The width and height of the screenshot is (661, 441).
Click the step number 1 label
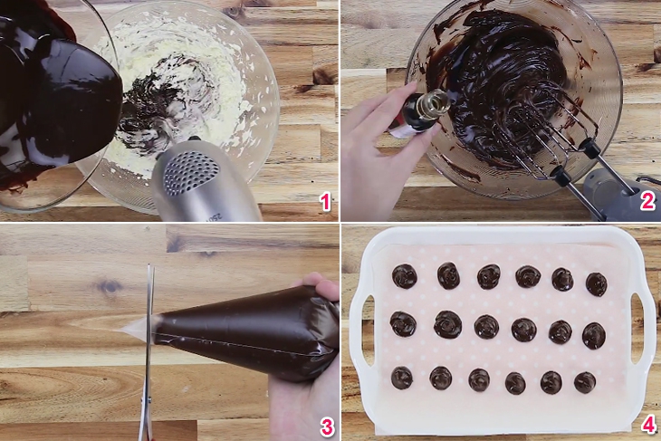tap(325, 202)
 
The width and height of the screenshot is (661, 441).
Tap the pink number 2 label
tap(648, 202)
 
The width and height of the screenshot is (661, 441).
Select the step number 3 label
tap(327, 427)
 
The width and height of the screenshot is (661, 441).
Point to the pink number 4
tap(648, 424)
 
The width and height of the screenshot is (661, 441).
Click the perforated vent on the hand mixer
tap(186, 173)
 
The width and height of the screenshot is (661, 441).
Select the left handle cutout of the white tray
tap(368, 330)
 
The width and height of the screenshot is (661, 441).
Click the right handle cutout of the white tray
tap(637, 327)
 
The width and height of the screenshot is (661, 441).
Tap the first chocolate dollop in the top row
tap(405, 276)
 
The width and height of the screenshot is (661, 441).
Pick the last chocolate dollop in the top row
tap(597, 284)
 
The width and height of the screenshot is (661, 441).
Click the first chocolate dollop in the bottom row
tap(402, 378)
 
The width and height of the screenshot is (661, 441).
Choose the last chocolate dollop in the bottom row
tap(585, 383)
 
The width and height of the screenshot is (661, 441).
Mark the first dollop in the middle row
tap(403, 324)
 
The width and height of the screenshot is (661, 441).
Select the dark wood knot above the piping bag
tap(110, 287)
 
